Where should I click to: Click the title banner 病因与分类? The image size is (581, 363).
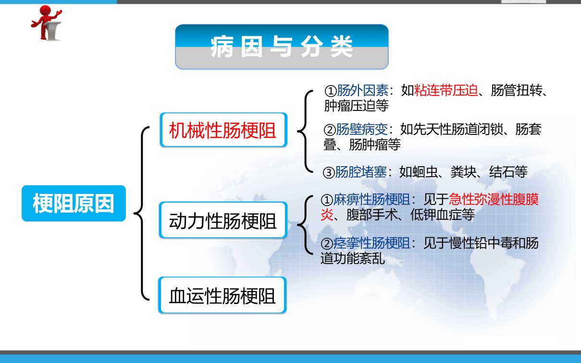coord(282,47)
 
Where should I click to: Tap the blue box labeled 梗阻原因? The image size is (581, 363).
coord(74,204)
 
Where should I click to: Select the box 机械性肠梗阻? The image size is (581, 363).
coord(223,130)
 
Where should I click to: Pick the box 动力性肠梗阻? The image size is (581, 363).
coord(223,220)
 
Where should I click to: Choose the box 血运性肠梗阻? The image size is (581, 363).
coord(223,295)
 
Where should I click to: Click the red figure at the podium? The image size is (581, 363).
coord(47,23)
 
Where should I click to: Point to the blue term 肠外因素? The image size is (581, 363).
coord(363,90)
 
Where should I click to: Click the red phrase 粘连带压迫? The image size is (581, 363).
coord(446,90)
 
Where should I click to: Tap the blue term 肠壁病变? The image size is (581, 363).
coord(362,129)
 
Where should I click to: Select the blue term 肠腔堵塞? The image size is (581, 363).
coord(361,172)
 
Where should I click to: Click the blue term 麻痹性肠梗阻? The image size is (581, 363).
coord(371,200)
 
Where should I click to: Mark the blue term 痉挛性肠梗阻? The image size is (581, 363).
coord(371,243)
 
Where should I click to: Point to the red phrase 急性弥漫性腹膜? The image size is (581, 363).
coord(494,200)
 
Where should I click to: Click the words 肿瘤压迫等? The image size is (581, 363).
coord(357,106)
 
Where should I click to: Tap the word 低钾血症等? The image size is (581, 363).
coord(443,215)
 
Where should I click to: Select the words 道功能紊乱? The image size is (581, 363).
coord(353,258)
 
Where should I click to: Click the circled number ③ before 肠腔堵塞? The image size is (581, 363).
coord(329,172)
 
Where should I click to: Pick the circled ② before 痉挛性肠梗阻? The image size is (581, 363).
coord(327,243)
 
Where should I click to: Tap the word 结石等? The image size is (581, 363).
coord(508,172)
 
